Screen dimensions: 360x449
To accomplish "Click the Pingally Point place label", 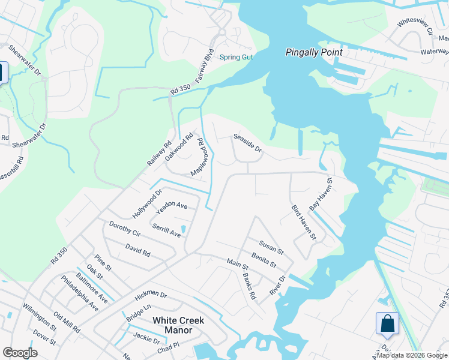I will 313,53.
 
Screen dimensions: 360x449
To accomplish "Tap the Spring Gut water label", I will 237,58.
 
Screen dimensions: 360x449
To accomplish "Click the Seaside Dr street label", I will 247,143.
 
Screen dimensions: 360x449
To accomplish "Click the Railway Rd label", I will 159,154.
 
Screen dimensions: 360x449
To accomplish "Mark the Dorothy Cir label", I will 124,229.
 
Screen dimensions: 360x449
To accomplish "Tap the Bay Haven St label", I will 321,193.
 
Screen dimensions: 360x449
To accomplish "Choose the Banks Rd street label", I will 249,287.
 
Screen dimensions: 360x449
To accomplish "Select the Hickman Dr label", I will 151,294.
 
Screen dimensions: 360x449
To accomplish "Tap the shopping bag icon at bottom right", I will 387,323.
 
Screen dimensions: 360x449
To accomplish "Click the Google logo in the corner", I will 20,352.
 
